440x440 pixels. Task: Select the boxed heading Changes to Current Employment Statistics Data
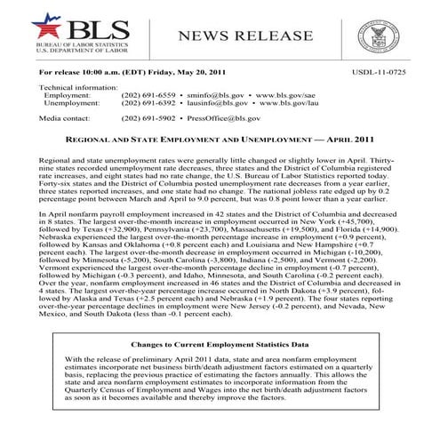220,342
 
